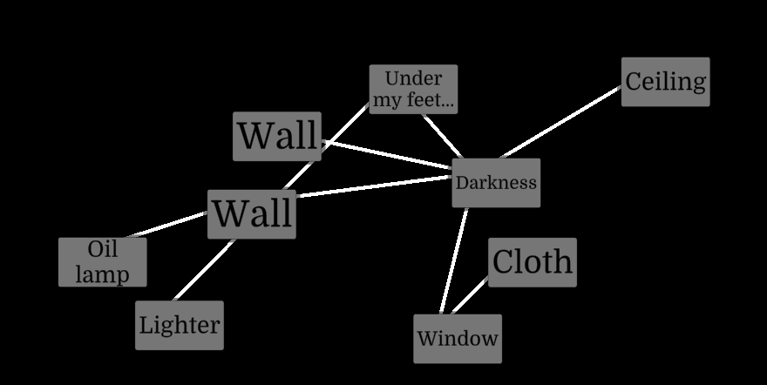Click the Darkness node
coord(496,183)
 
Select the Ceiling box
coord(665,82)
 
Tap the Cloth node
coord(532,262)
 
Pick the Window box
coord(458,339)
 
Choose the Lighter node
coord(179,326)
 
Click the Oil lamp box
coord(102,262)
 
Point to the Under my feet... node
coord(413,89)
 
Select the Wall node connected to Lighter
coord(252,213)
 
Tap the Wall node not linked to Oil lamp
coord(277,136)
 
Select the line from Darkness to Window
coord(454,260)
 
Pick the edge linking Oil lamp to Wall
coord(168,224)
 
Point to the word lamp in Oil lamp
coord(102,274)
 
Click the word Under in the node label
coord(413,78)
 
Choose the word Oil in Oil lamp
coord(102,250)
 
